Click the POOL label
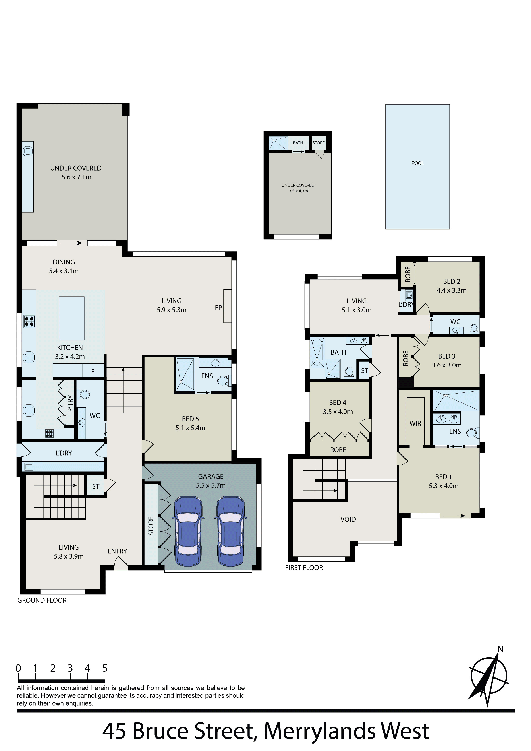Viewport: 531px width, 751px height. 417,163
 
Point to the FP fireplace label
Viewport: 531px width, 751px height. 218,308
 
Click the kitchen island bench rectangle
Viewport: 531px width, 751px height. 71,318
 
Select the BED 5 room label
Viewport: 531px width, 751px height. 191,423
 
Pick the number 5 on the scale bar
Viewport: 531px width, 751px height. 105,668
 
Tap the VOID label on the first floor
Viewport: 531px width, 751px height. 348,519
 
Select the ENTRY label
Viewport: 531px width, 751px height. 117,551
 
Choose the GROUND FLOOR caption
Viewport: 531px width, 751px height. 42,600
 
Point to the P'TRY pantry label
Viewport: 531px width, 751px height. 70,403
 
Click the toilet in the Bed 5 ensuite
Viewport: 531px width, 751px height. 224,380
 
